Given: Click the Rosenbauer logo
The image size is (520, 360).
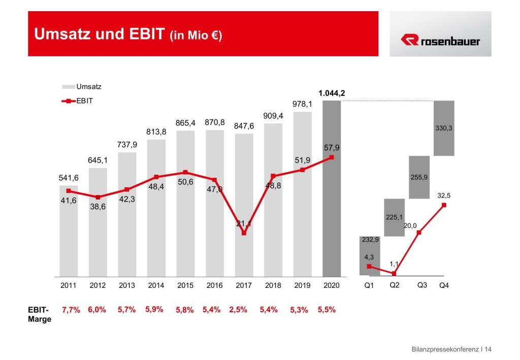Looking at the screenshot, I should (440, 41).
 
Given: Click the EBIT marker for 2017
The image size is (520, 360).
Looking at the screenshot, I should (244, 233).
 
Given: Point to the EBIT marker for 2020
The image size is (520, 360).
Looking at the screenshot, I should (332, 157).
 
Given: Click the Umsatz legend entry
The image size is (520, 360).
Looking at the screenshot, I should (88, 87).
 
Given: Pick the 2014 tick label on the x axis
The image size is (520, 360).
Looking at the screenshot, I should (156, 286).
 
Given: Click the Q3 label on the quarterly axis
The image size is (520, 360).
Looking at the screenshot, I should (422, 285).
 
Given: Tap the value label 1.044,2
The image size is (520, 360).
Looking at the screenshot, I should (331, 93).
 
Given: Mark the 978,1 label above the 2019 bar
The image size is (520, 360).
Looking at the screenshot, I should (302, 104).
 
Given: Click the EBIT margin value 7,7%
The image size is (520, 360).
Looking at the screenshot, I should (71, 310).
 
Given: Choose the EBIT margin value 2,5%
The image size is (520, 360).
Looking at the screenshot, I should (238, 310).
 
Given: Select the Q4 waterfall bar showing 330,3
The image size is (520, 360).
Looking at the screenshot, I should (444, 128).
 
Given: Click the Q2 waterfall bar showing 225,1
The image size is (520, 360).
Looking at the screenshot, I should (394, 217).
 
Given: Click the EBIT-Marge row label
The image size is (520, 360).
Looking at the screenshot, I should (40, 314).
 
